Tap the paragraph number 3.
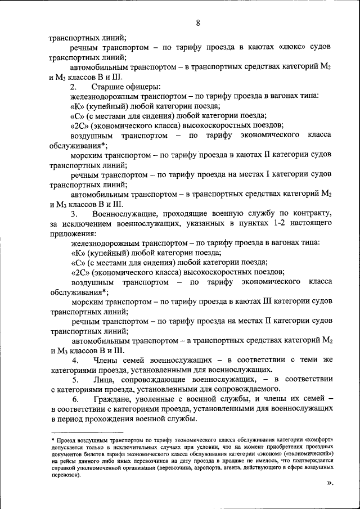click(74, 214)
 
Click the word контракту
click(313, 214)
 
